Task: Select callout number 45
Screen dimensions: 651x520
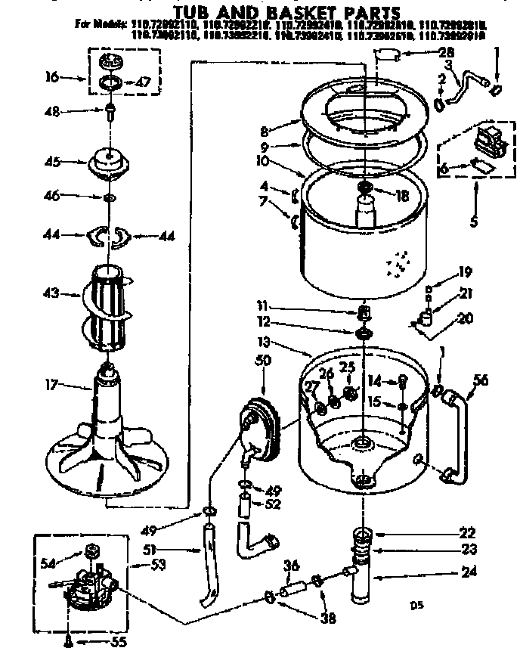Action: click(52, 161)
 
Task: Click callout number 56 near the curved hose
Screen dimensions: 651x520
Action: click(480, 381)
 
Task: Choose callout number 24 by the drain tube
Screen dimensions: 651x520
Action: click(469, 572)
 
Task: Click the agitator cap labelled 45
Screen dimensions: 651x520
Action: click(110, 163)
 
